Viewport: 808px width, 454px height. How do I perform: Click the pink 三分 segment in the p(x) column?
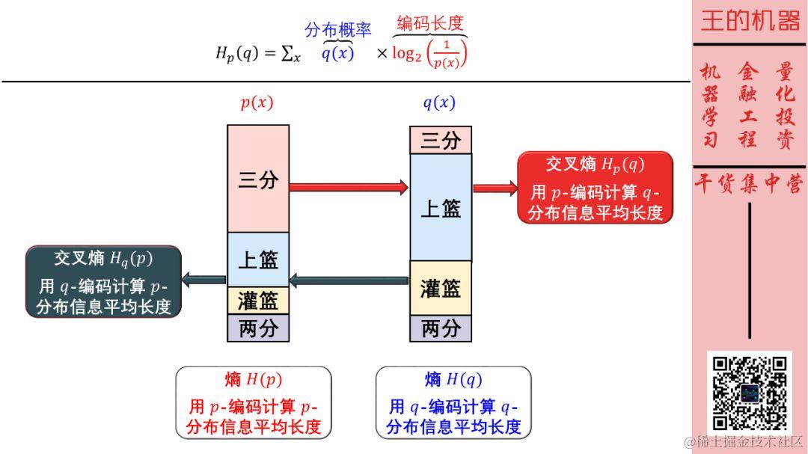point(258,179)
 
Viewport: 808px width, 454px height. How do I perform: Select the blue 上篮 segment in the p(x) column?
point(258,259)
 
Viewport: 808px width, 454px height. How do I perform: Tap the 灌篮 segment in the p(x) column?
point(258,301)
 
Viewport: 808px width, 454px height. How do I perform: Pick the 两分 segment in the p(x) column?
point(258,328)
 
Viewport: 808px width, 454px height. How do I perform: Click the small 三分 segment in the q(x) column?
point(441,140)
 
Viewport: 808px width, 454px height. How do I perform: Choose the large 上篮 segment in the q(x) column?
point(441,207)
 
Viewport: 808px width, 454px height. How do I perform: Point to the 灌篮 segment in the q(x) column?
point(441,288)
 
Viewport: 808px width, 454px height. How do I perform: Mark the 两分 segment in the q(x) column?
point(441,328)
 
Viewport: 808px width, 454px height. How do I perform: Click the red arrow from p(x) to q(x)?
point(348,187)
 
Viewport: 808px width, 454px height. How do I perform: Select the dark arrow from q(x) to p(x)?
point(349,281)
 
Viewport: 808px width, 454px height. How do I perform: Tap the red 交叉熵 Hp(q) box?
point(595,188)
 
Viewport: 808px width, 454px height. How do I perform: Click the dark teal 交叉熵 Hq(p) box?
point(103,281)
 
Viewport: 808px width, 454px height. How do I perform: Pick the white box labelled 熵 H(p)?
point(253,402)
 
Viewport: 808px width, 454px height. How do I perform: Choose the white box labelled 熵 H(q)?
point(453,402)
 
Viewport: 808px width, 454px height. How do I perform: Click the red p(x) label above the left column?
point(257,103)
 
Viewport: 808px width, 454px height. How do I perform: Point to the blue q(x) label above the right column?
point(439,103)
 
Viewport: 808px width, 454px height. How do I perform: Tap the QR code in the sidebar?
point(749,393)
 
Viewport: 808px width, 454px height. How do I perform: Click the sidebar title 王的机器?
point(750,21)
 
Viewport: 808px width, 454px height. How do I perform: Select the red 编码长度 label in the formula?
point(430,23)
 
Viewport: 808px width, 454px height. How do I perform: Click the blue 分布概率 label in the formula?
point(337,30)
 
